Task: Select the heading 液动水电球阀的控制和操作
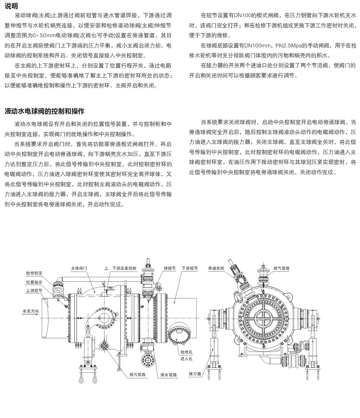tap(45, 111)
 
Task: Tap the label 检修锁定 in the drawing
tap(34, 273)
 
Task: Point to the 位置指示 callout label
tap(34, 282)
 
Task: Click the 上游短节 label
tap(34, 291)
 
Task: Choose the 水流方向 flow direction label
tap(31, 311)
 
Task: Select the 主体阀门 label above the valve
tap(79, 269)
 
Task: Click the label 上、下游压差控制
tap(121, 269)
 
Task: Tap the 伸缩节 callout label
tap(170, 269)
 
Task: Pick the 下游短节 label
tap(190, 269)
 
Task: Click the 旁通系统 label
tap(216, 269)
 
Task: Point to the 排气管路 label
tap(282, 269)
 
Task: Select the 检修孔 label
tap(186, 352)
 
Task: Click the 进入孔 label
tap(186, 359)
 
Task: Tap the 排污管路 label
tap(138, 374)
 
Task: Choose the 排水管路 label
tap(169, 375)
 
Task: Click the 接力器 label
tap(195, 374)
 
